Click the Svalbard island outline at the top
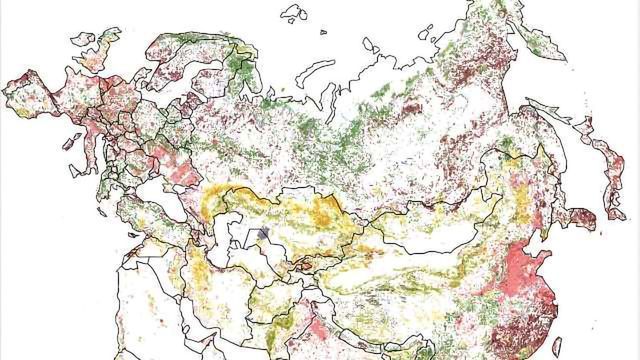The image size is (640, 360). (292, 13)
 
